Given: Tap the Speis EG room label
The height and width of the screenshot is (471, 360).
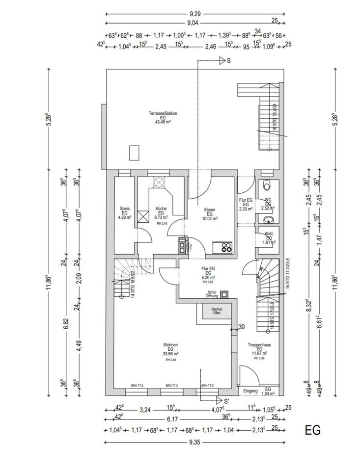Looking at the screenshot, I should click(124, 212).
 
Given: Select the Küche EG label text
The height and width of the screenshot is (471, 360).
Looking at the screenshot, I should click(161, 212).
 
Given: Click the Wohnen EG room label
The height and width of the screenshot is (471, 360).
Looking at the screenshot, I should click(171, 349).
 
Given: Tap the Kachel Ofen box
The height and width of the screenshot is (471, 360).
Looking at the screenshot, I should click(216, 311).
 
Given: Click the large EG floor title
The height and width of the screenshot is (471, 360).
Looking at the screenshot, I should click(312, 430).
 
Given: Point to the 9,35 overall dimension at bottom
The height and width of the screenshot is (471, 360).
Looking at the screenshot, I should click(195, 442).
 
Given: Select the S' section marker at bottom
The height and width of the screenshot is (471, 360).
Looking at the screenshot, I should click(227, 401).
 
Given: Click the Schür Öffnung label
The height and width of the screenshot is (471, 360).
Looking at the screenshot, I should click(212, 294).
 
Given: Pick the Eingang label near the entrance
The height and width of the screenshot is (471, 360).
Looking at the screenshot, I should click(250, 391).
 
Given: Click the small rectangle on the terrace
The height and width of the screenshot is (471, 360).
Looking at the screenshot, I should click(134, 153).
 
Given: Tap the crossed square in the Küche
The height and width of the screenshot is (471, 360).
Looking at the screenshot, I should click(143, 216).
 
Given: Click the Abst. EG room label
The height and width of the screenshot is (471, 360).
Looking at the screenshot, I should click(269, 236).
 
